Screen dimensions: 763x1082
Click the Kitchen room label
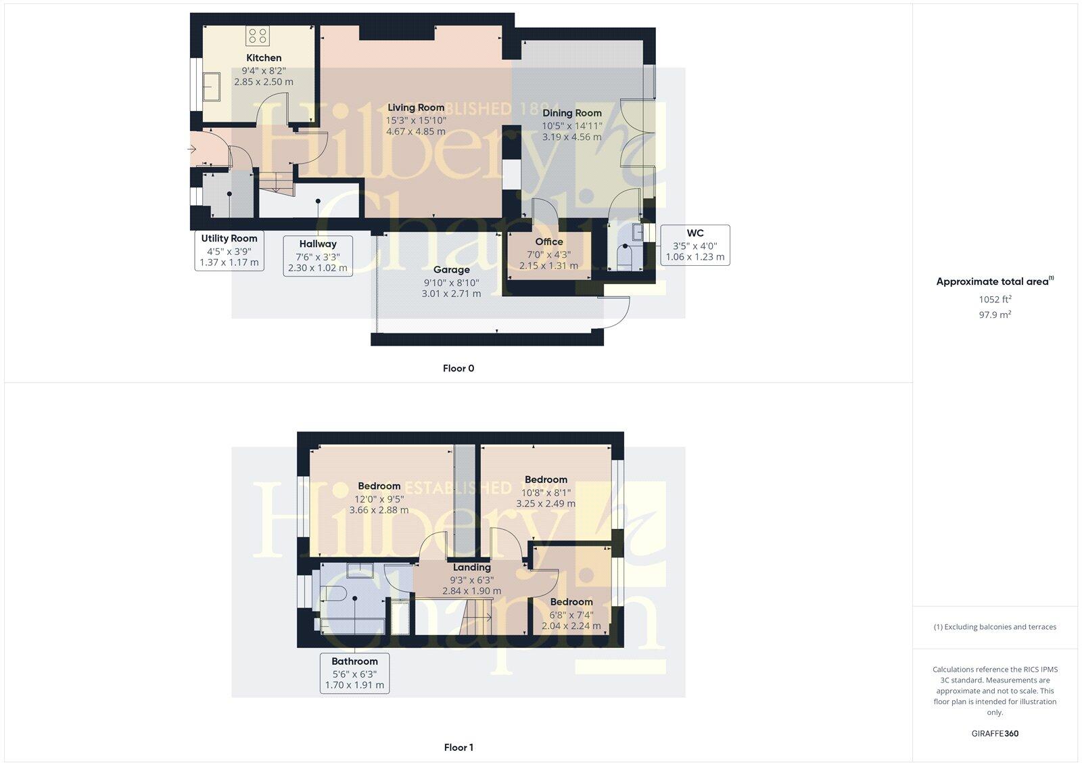pos(264,58)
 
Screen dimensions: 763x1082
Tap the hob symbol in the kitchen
pos(257,35)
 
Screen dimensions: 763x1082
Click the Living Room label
pos(416,108)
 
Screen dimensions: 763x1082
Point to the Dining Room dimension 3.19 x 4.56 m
pos(571,137)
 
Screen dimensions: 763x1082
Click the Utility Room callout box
pos(229,250)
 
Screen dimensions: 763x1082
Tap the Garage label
pos(451,270)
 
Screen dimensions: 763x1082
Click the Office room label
pos(549,241)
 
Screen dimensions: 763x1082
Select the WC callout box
pos(695,245)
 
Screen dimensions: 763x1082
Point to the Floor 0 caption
pos(458,369)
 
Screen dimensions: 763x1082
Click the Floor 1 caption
pos(458,747)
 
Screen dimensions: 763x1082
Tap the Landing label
pos(471,568)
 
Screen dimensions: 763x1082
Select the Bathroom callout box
pos(354,673)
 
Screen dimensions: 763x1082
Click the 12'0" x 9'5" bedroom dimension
pos(379,498)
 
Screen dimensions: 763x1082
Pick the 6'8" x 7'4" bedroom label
pos(571,602)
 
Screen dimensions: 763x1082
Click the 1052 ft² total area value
pos(995,299)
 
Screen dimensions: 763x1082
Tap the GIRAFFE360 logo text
pos(995,733)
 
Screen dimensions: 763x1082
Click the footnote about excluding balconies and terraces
pos(995,627)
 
